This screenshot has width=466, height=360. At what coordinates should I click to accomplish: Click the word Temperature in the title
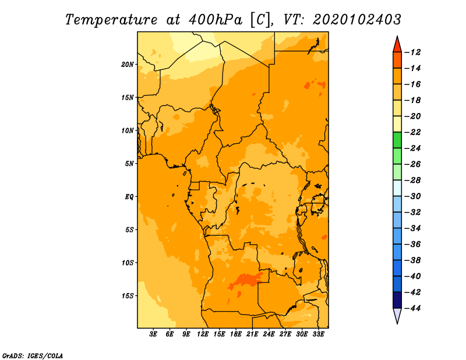pos(111,20)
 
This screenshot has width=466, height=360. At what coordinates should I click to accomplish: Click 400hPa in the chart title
pos(216,20)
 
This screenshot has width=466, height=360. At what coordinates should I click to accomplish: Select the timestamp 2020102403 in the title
pos(357,20)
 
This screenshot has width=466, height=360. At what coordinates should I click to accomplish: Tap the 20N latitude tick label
pos(128,65)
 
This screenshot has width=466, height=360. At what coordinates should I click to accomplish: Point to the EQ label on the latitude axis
pos(129,197)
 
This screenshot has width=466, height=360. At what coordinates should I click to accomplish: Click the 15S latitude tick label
pos(128,296)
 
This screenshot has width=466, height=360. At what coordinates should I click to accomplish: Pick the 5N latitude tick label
pos(129,164)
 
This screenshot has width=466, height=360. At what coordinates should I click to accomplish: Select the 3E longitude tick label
pos(153,334)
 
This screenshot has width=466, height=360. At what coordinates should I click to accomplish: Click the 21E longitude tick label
pos(252,334)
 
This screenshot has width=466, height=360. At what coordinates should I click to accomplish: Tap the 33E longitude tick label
pos(318,334)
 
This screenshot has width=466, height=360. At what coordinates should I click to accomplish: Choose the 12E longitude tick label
pos(203,334)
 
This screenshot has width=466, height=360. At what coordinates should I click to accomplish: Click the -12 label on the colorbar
pos(413,52)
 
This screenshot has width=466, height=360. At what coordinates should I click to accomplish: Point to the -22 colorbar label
pos(413,132)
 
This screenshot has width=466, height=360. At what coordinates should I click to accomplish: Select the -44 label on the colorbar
pos(413,308)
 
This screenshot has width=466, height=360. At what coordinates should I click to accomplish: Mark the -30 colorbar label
pos(413,196)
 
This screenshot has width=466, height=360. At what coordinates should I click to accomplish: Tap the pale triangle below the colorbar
pos(397,315)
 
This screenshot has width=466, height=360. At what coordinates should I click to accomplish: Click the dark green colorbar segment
pos(397,140)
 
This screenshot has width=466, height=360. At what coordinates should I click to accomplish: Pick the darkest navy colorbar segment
pos(397,300)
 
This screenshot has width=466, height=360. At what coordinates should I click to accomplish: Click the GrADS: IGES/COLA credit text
pos(33,356)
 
